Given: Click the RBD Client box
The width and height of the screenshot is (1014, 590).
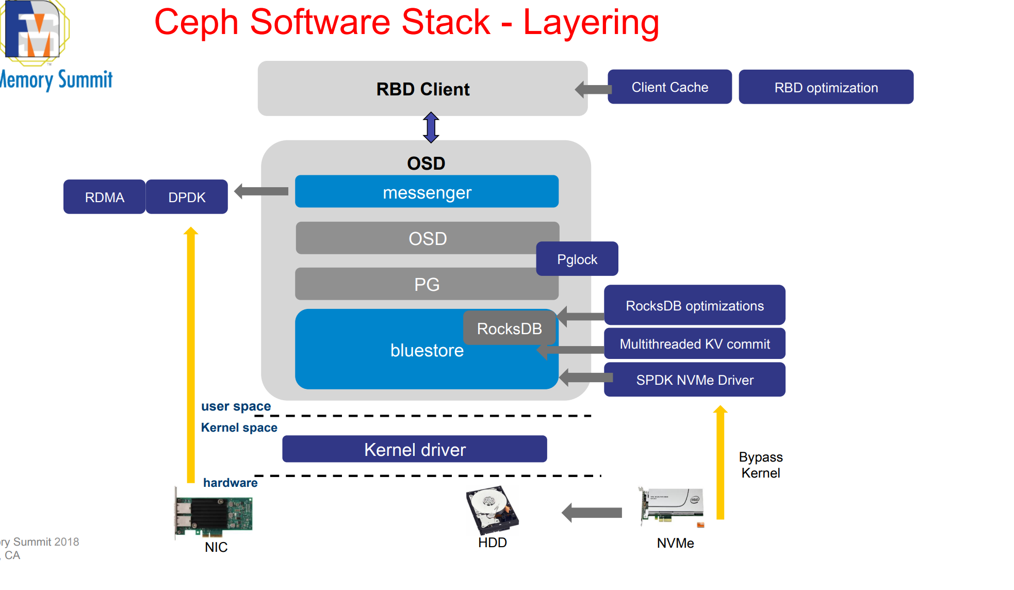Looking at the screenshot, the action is (x=422, y=88).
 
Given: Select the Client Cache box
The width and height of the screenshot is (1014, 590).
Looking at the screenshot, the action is (x=669, y=87).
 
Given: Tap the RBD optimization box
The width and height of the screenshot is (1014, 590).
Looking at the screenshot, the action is (x=826, y=87).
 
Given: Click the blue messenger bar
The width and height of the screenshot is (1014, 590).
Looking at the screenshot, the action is (x=427, y=191).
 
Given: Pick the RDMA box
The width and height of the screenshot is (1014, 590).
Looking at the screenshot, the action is (x=105, y=196).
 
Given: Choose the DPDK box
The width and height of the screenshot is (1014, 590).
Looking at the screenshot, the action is (x=187, y=196).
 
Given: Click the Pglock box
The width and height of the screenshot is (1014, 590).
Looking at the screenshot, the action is (x=577, y=259).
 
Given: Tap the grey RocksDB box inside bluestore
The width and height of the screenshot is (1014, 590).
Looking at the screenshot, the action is (x=509, y=328).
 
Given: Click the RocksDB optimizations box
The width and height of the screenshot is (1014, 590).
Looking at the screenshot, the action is (x=695, y=305).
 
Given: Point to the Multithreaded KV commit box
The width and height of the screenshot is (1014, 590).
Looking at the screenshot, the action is (x=695, y=343).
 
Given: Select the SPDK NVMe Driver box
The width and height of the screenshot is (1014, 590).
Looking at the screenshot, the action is (x=695, y=380).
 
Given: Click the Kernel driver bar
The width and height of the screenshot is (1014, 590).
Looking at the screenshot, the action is (x=415, y=449).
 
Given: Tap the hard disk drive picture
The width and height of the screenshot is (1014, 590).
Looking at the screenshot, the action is (x=492, y=510).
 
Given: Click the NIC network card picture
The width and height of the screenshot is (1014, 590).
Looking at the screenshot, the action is (x=214, y=513).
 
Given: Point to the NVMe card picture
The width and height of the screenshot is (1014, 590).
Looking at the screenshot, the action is (x=672, y=507).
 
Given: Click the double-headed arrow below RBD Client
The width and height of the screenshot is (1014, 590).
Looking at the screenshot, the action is (x=431, y=127).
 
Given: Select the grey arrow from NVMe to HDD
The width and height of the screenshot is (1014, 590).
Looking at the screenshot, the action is (x=592, y=513).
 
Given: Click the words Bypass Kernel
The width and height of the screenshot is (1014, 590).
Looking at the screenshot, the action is (x=761, y=465).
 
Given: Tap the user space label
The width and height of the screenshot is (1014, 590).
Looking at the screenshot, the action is (x=236, y=406).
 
